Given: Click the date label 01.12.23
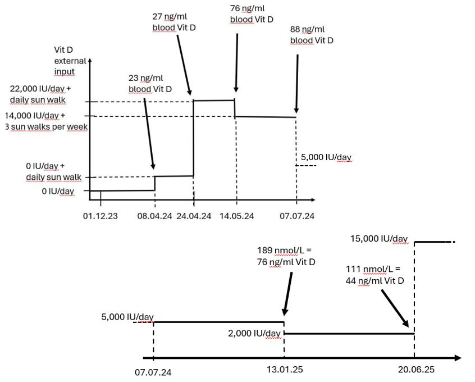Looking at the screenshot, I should click(x=100, y=216).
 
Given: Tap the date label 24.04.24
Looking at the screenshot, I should click(x=193, y=216).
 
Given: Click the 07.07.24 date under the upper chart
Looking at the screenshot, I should click(x=296, y=216).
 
